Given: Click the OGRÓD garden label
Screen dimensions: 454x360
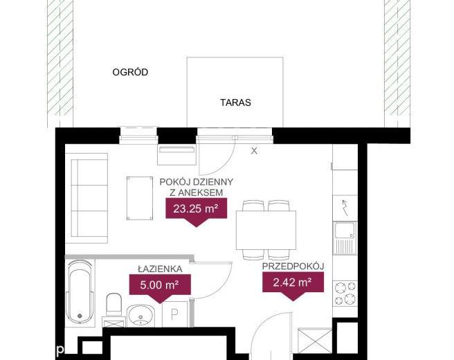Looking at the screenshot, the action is click(130, 72).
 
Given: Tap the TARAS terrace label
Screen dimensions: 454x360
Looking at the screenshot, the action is click(235, 102).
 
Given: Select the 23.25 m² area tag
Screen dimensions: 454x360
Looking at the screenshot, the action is click(196, 208).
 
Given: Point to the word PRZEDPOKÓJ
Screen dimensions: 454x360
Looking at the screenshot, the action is click(293, 267).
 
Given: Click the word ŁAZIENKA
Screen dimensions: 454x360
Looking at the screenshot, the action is click(160, 269).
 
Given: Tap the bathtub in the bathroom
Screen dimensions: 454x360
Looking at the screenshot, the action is click(80, 291).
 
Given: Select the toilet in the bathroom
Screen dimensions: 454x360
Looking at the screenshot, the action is click(113, 304).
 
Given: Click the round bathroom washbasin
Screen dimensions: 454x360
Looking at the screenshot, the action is click(140, 316).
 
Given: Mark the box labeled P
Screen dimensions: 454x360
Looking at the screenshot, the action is click(175, 314).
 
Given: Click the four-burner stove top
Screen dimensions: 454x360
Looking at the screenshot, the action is click(345, 294).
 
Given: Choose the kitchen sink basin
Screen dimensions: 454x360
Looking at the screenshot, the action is click(345, 231).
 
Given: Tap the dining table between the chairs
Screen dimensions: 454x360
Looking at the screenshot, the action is click(266, 230).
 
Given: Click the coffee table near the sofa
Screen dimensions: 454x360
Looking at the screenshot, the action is click(140, 198).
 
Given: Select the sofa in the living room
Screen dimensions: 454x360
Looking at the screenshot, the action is click(87, 198).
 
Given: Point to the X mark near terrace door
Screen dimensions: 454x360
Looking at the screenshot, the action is click(254, 151).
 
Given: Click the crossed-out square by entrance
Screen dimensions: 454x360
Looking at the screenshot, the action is click(315, 341).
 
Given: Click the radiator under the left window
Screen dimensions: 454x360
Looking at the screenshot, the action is click(176, 154).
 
